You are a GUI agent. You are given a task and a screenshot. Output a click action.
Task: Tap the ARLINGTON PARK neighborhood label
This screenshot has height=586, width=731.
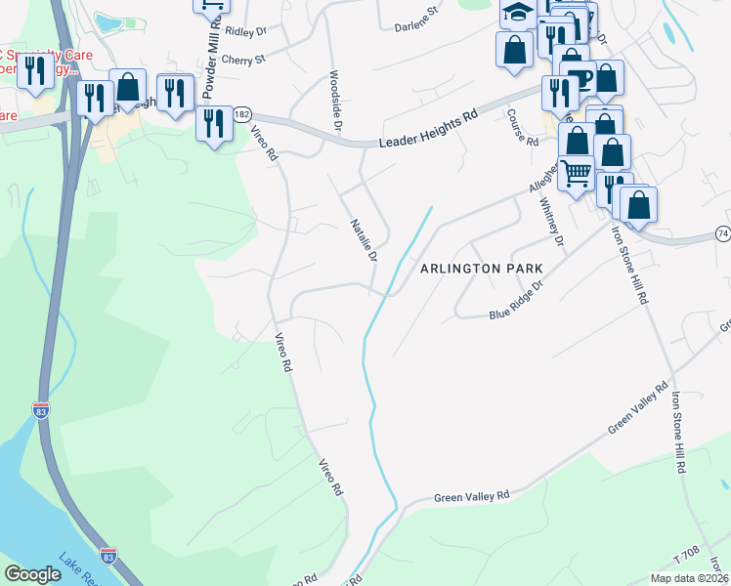coord(480,268)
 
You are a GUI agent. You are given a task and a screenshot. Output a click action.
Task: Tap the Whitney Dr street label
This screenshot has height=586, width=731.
coord(552,222)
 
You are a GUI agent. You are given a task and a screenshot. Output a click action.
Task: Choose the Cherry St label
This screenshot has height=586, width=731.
coord(243,60)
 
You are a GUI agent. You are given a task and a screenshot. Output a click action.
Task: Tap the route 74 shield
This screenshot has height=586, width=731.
coord(722,233)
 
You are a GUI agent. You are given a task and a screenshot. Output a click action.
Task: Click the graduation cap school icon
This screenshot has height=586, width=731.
coord(517,13)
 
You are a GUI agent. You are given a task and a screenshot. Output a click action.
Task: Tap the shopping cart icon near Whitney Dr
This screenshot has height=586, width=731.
coord(576,174)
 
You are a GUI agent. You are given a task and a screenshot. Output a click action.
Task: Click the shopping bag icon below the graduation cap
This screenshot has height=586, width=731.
coord(514,49)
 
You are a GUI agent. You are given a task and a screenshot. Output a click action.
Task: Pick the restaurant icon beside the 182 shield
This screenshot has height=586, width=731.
coord(213,123)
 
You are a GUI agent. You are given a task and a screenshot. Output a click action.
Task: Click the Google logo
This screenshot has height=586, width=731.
coord(32,574)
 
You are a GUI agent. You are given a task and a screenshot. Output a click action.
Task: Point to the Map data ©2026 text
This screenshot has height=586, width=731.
coord(689,578)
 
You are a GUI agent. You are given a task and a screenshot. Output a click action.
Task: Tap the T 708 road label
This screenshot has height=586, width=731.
coord(688,553)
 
